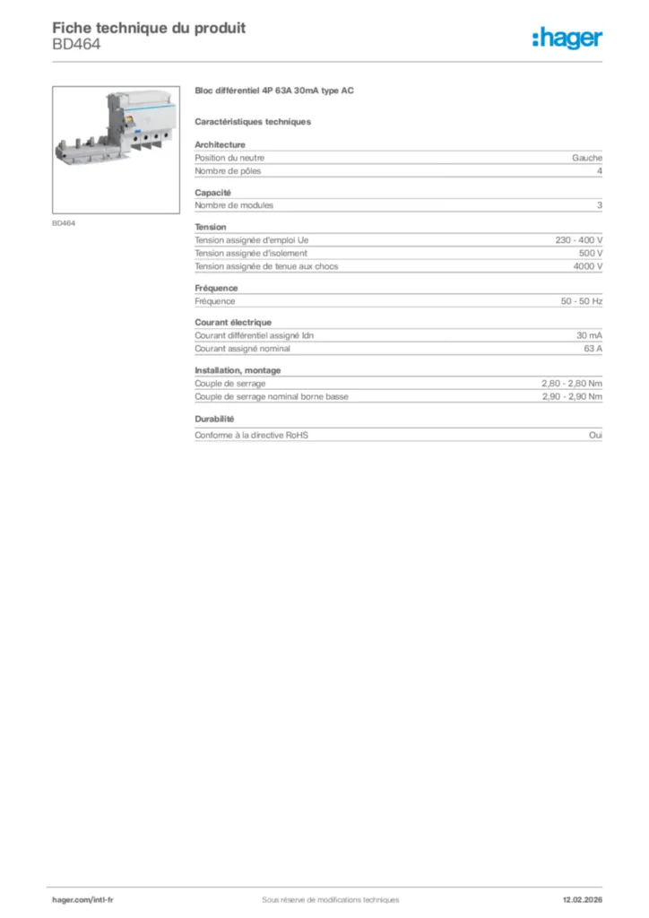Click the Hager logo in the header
(567, 38)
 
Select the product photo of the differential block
(116, 149)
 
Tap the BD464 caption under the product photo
(64, 224)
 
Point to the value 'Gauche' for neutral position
(587, 158)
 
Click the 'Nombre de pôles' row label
(229, 170)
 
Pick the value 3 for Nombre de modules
(599, 205)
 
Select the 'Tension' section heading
(211, 227)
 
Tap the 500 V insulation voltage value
(590, 253)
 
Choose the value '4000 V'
(588, 266)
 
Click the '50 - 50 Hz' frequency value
(582, 301)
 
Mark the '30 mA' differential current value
(589, 335)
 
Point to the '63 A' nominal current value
(593, 349)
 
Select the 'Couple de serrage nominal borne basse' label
(272, 396)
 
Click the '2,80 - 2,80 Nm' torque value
(572, 383)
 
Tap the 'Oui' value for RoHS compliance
(595, 435)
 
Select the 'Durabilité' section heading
(214, 419)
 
